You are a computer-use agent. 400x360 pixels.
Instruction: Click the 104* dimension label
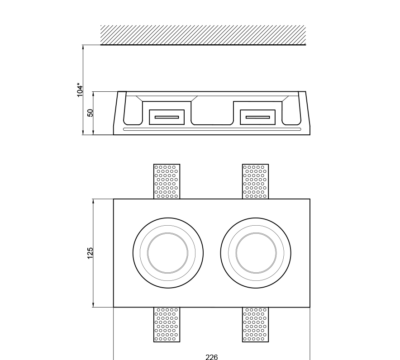(x=80, y=90)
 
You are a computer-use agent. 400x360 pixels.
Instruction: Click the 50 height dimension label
(x=90, y=113)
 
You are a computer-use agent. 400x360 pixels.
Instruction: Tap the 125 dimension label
(x=90, y=253)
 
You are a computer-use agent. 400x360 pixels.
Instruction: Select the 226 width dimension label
(x=212, y=357)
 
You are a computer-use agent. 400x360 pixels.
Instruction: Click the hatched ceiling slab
(x=203, y=35)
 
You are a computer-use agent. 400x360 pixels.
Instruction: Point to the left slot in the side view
(x=167, y=117)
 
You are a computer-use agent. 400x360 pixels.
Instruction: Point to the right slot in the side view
(x=258, y=117)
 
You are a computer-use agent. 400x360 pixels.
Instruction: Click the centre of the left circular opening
(x=168, y=253)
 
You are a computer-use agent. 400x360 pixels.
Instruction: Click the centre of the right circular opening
(x=256, y=253)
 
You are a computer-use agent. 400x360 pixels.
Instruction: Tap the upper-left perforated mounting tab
(x=167, y=181)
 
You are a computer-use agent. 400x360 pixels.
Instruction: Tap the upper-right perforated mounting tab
(x=256, y=181)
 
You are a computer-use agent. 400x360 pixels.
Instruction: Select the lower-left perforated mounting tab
(x=167, y=324)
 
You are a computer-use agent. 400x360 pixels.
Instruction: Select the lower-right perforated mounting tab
(x=256, y=324)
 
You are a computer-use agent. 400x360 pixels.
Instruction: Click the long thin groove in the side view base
(x=212, y=129)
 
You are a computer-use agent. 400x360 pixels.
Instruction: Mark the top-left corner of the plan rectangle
(x=114, y=199)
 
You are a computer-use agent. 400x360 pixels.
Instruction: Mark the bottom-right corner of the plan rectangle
(x=310, y=307)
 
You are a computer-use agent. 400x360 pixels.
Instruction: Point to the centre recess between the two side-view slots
(x=212, y=113)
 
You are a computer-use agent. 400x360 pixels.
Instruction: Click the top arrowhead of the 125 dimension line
(x=93, y=201)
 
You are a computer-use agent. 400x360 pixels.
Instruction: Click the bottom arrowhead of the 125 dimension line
(x=93, y=305)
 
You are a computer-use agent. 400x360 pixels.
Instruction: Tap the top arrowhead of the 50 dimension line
(x=93, y=94)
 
